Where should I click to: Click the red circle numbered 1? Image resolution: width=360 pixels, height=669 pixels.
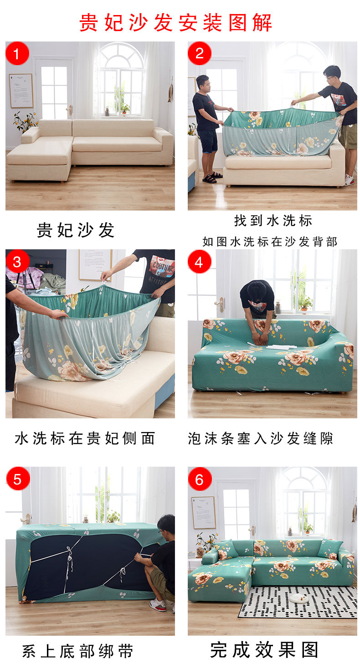[17, 53]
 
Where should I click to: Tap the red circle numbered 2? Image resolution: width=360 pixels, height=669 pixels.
[199, 53]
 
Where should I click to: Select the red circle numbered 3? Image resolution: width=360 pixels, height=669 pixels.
[17, 261]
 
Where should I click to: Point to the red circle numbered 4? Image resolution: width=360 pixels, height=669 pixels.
[199, 262]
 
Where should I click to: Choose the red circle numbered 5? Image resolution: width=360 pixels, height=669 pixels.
[18, 479]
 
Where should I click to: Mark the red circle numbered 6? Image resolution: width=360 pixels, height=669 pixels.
[200, 479]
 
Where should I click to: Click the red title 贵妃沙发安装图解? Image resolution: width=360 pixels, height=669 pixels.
[175, 22]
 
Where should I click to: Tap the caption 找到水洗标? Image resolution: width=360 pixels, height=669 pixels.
[273, 221]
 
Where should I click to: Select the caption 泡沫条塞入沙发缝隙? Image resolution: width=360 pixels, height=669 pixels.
[260, 438]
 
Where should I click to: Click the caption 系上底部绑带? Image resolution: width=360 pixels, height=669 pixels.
[77, 651]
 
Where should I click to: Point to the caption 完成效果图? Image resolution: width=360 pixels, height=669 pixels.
[264, 649]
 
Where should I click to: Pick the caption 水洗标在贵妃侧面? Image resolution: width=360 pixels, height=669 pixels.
[85, 438]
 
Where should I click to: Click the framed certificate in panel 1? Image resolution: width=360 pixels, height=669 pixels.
[21, 91]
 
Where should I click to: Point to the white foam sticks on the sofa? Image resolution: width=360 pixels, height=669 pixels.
[281, 347]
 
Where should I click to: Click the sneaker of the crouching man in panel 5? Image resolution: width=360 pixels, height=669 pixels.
[158, 604]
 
